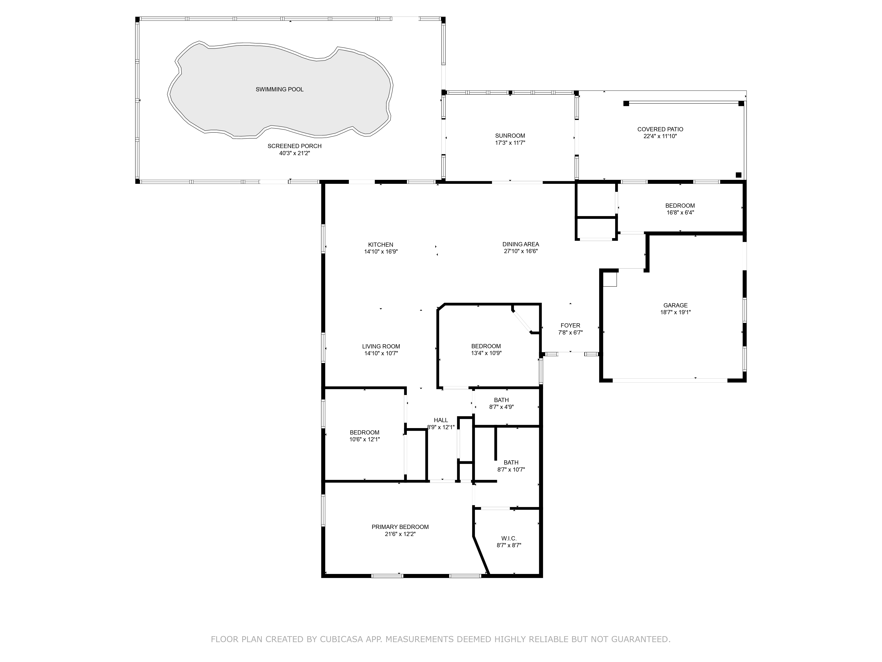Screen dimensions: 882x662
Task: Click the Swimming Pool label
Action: point(280,89)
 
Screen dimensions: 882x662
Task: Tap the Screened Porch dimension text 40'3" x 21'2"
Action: point(295,153)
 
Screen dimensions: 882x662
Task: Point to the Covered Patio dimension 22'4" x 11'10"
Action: point(660,136)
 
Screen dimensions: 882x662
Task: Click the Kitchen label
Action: point(381,244)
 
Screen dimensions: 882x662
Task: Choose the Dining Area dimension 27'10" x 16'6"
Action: point(521,251)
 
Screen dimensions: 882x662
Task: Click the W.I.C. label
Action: point(509,539)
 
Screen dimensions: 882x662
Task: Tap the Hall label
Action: point(441,420)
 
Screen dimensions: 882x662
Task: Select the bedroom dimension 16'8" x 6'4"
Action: point(680,213)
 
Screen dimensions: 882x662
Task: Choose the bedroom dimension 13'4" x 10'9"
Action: point(486,353)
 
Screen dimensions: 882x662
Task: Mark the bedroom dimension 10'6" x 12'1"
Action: point(364,439)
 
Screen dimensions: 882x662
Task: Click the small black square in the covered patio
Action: point(738,175)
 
